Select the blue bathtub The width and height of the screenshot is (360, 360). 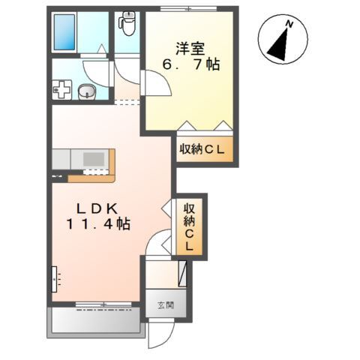point(64,32)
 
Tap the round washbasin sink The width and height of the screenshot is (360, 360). point(87,91)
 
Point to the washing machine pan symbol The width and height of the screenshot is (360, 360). point(62,89)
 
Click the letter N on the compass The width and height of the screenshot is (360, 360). point(289,24)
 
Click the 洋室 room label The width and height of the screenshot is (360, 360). point(190,49)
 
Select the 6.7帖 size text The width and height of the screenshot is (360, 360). point(191,64)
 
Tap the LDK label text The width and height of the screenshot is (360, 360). point(97,208)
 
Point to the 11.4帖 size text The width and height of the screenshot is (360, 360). point(98,224)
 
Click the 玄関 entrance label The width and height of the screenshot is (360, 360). point(166,305)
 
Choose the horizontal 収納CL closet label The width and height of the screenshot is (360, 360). point(202,149)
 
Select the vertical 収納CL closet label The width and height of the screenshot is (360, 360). point(189,227)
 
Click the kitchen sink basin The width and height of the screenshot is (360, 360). point(94,159)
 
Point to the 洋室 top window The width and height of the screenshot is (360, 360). point(189,9)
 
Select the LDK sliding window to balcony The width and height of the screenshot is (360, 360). point(103,304)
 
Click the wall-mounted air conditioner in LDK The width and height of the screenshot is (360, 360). point(54,280)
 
